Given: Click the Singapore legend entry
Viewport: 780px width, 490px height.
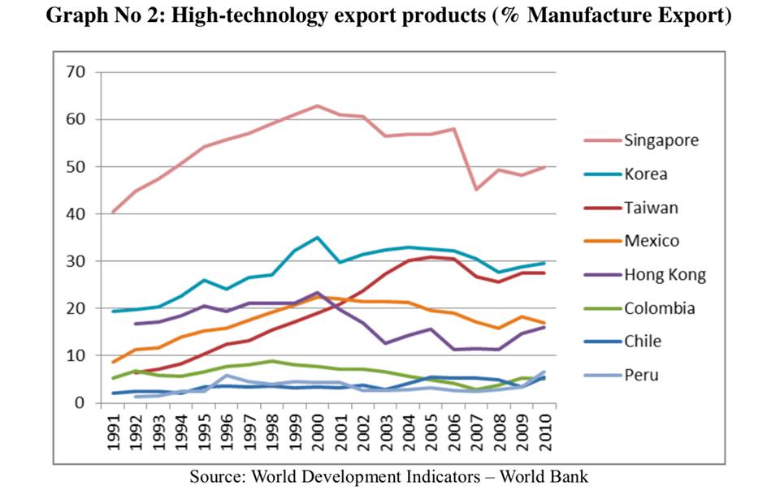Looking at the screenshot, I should click(661, 140).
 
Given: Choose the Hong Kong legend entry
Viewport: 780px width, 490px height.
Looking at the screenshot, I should click(664, 274).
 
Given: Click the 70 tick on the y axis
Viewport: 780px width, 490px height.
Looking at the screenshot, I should click(76, 72).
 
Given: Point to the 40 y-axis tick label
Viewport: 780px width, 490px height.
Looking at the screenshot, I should click(76, 214).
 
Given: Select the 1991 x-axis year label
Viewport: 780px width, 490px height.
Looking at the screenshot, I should click(115, 432).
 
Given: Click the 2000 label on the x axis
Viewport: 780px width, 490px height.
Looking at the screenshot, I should click(317, 432).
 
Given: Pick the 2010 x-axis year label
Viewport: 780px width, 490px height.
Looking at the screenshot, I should click(543, 432).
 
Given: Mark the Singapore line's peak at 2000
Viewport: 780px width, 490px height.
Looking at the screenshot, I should click(318, 105).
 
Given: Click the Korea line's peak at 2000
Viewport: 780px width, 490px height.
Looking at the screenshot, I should click(318, 238).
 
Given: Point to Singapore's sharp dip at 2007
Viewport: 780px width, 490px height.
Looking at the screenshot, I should click(476, 189).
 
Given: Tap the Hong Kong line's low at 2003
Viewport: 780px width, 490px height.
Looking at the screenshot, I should click(386, 343).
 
